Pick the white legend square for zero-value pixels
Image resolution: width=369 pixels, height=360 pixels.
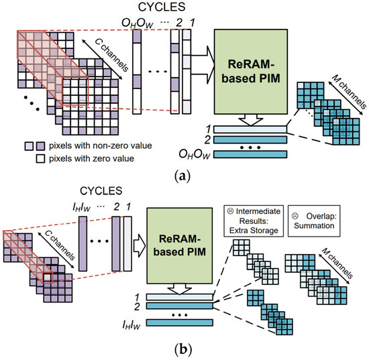30,159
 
